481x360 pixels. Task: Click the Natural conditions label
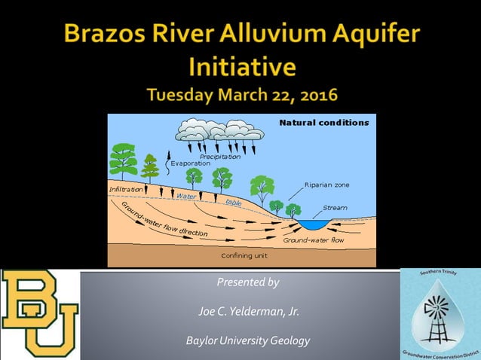coord(324,123)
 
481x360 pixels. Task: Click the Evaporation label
coord(190,163)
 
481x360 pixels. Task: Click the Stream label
coord(335,207)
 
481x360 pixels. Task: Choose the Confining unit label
coord(244,255)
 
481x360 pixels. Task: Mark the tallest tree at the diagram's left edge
coord(123,160)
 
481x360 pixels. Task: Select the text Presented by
coord(247,282)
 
